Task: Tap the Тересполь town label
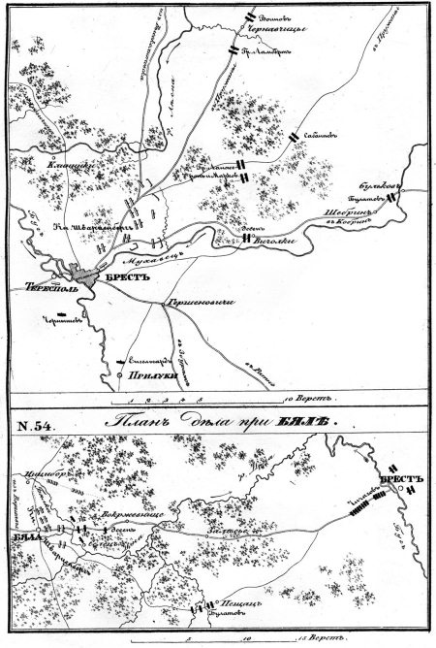(x=43, y=288)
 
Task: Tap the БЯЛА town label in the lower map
(x=22, y=535)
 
